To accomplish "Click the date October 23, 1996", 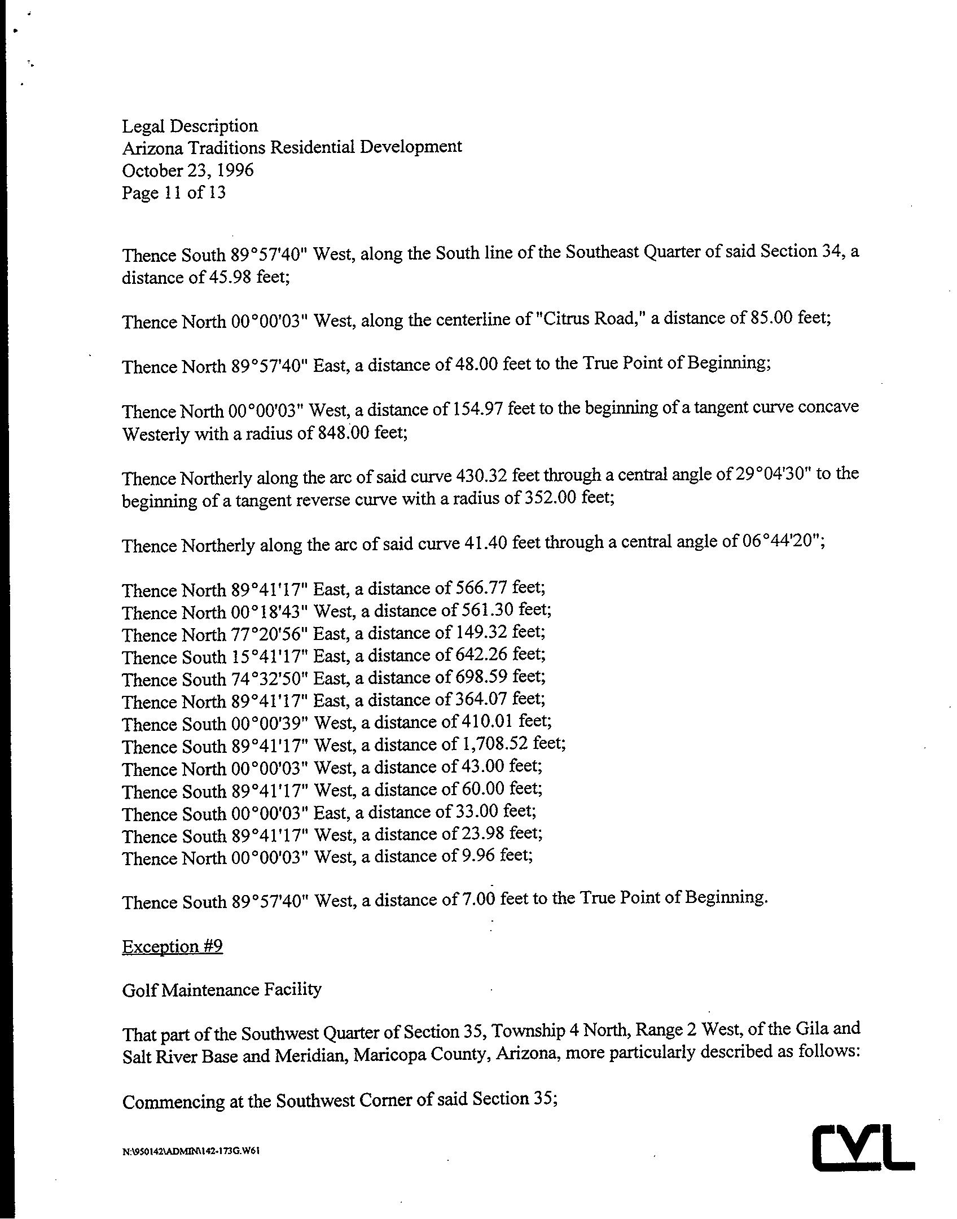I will click(x=187, y=170).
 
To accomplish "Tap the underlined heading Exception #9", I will click(x=172, y=946).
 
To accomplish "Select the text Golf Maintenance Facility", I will click(x=221, y=990).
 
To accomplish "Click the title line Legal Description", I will click(x=190, y=125).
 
